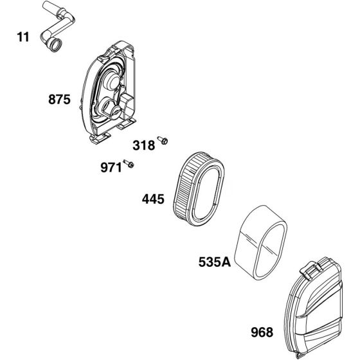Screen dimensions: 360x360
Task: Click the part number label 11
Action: [x=23, y=37]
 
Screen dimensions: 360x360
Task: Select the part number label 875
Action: [x=59, y=100]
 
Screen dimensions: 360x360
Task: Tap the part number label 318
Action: [x=144, y=145]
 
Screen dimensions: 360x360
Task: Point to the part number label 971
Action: [x=111, y=168]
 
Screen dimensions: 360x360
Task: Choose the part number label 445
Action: [x=153, y=199]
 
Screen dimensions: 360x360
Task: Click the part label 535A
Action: [x=215, y=262]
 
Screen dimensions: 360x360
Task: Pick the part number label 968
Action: [x=262, y=332]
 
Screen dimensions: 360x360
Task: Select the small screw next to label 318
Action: [x=163, y=140]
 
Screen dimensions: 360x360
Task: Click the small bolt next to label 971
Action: [x=129, y=163]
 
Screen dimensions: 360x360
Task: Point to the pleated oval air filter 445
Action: [x=198, y=189]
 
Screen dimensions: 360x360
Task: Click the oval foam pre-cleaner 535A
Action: [x=262, y=242]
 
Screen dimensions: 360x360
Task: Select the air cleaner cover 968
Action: [x=314, y=308]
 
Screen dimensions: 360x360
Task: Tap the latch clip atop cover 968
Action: [x=311, y=270]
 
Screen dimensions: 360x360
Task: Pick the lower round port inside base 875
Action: [x=109, y=108]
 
